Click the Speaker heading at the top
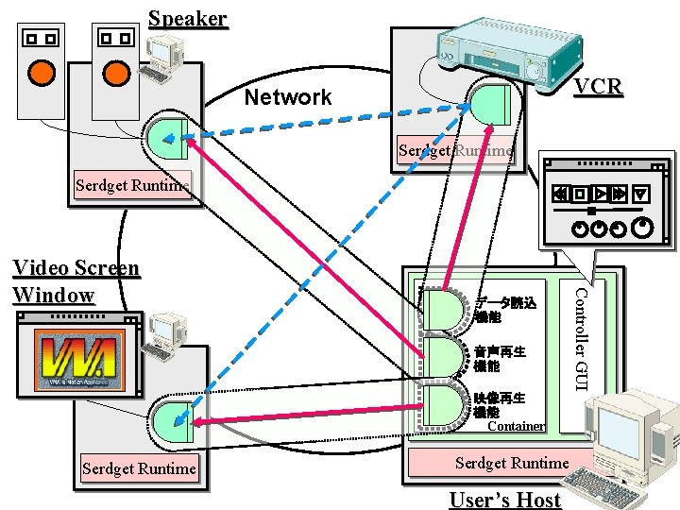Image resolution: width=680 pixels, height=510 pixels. [x=188, y=19]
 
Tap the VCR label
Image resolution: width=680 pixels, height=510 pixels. [x=599, y=88]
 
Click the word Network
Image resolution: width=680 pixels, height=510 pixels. [x=288, y=97]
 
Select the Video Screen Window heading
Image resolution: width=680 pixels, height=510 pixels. [x=76, y=281]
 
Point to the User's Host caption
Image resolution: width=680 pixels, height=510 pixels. [x=505, y=500]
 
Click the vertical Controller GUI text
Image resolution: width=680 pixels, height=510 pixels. [x=583, y=336]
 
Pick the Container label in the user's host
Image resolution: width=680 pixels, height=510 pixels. [x=516, y=426]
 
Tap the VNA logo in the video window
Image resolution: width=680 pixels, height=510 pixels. [x=76, y=364]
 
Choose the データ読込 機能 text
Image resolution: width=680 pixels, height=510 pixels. [x=504, y=311]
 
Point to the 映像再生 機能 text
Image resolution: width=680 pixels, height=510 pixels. [x=500, y=405]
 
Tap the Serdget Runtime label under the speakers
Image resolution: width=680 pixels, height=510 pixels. [x=132, y=185]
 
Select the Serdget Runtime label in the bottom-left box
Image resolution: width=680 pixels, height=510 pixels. [x=140, y=468]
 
